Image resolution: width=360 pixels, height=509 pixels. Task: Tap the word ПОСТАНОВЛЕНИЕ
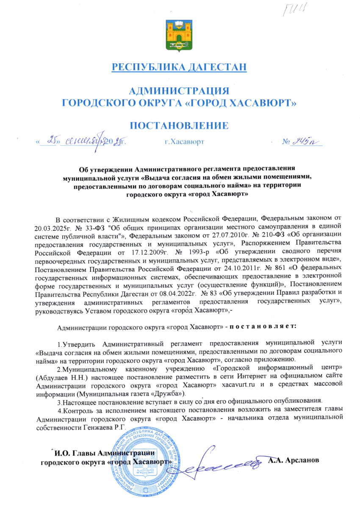click(180, 126)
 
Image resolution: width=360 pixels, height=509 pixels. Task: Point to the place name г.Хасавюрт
click(184, 141)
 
